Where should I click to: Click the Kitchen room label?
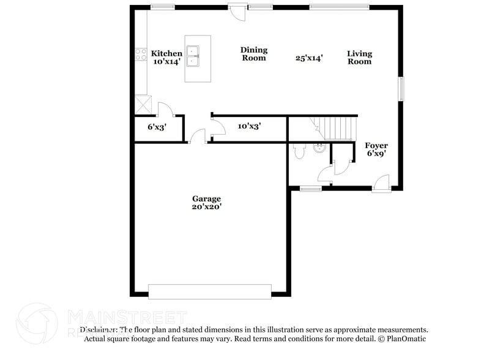coord(166,53)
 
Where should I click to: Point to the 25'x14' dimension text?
coord(309,58)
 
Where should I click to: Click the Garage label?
coord(206,198)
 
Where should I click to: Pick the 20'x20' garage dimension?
coord(206,207)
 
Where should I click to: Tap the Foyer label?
coord(376,145)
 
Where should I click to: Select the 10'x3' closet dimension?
coord(250,126)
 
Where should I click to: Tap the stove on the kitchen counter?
coord(140,54)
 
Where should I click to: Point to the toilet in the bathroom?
coord(299,151)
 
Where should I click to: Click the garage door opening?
coord(210,291)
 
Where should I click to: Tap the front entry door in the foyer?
coord(381,183)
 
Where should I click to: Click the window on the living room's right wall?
coord(401,88)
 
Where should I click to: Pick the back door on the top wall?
coord(236,11)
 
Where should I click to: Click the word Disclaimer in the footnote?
coord(101,329)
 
